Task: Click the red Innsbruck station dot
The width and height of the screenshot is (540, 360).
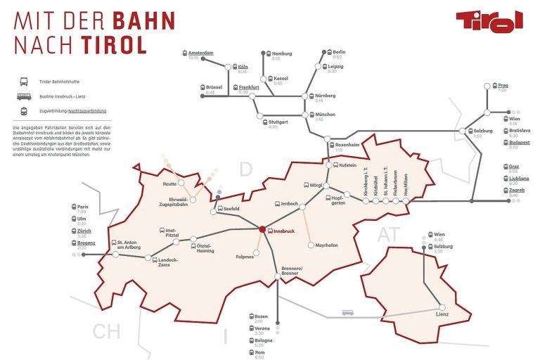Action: point(261,229)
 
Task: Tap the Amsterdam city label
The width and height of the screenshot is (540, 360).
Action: point(201,53)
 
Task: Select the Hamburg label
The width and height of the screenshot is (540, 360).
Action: point(281,53)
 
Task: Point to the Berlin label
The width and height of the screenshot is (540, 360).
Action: point(339,53)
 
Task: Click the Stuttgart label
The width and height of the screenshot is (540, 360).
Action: point(278,122)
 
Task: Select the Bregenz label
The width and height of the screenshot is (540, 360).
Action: point(86,243)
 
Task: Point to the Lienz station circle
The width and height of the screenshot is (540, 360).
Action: point(442,307)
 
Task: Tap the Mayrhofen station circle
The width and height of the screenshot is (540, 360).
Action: point(310,245)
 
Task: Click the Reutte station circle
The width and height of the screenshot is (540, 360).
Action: point(181,183)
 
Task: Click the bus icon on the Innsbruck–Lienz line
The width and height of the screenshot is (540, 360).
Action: point(347,313)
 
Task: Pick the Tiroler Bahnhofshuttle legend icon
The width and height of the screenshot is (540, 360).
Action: point(23,82)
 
